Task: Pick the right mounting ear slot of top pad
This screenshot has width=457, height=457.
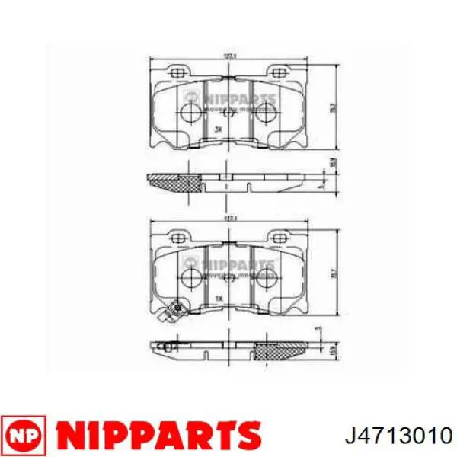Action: click(x=276, y=72)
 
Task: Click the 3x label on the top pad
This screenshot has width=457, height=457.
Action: click(x=219, y=129)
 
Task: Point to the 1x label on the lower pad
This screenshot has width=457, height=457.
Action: click(x=219, y=298)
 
